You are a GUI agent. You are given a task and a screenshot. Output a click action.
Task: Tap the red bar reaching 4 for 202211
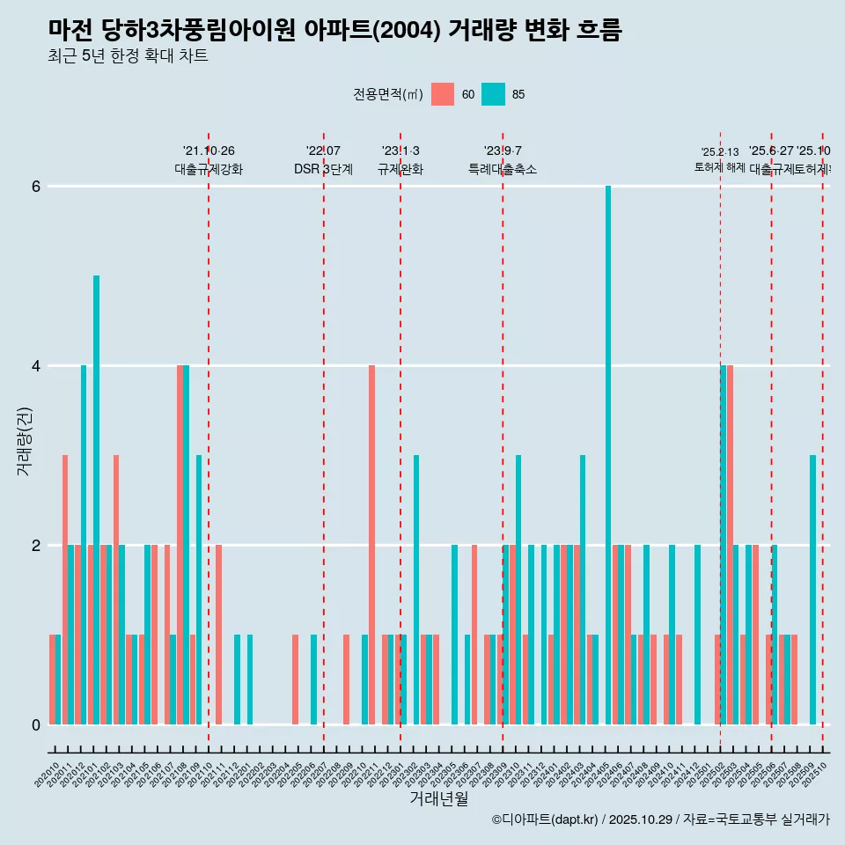(371, 545)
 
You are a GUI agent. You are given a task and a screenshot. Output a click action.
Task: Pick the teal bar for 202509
(812, 590)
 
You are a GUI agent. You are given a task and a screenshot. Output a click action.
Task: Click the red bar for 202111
(218, 635)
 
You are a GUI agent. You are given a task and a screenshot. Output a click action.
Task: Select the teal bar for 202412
(697, 635)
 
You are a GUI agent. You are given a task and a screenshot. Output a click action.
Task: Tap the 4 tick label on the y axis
(36, 366)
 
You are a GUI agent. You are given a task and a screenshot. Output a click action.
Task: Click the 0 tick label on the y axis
(36, 725)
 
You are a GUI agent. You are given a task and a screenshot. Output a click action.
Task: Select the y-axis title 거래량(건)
(24, 440)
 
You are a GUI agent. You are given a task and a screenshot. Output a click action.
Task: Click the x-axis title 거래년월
(438, 798)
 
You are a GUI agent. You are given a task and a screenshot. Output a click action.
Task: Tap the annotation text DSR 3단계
(323, 169)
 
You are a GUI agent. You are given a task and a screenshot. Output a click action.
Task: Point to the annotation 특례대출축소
(502, 169)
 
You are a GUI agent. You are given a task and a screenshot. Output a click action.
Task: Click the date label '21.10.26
(209, 151)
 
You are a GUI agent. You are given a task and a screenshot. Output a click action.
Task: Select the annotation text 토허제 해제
(719, 167)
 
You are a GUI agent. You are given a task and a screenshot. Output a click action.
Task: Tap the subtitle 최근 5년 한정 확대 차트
(129, 56)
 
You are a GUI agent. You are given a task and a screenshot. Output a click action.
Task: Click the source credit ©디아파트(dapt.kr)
(546, 819)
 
